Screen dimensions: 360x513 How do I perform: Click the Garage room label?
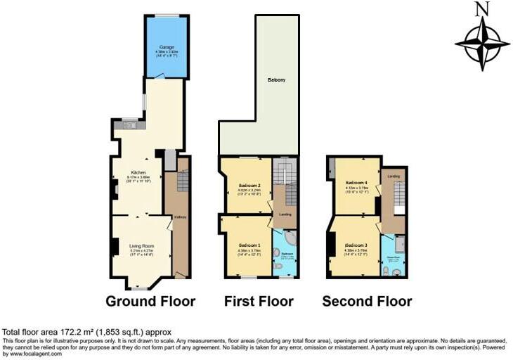tap(166, 47)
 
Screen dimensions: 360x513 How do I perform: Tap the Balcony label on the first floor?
tap(276, 81)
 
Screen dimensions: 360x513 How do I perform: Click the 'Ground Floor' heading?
tap(150, 302)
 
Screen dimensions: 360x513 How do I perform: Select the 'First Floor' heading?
tap(259, 302)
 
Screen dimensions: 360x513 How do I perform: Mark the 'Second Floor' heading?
tap(367, 302)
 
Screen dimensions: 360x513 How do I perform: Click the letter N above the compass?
tap(481, 9)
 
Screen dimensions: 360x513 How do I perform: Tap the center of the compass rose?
tap(481, 44)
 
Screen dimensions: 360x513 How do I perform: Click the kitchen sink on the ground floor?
tap(129, 126)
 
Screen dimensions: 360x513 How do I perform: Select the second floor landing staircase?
tap(398, 193)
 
